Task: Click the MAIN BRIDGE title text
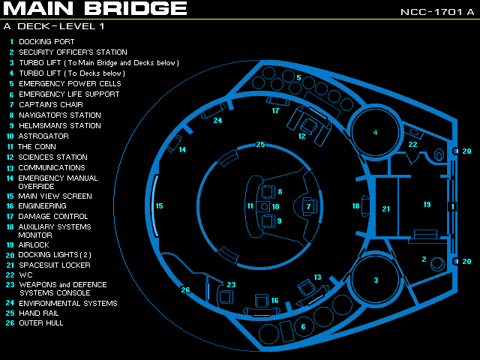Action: tap(94, 9)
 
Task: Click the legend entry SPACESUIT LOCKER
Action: tap(54, 265)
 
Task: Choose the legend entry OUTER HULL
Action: tap(41, 322)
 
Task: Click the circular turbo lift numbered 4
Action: tap(375, 133)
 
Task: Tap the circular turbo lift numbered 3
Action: tap(376, 280)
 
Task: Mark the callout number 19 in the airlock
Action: tap(427, 204)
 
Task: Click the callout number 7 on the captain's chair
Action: tap(307, 206)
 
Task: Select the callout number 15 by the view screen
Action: tap(159, 205)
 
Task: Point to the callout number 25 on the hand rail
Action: tap(260, 144)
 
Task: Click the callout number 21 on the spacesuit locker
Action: tap(386, 208)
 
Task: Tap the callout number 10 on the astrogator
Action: tap(275, 206)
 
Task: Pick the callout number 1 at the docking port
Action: tap(451, 206)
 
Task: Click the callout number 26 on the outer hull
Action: tap(185, 290)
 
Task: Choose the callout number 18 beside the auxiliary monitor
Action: tap(356, 205)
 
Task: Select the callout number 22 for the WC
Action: tap(412, 145)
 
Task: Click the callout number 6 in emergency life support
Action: tap(303, 326)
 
